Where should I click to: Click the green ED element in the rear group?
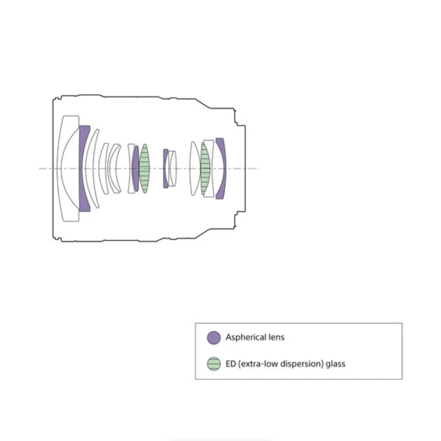click(x=205, y=169)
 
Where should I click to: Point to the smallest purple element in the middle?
click(x=165, y=169)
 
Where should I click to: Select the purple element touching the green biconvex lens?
click(x=136, y=169)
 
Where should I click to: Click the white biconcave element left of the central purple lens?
click(x=131, y=169)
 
